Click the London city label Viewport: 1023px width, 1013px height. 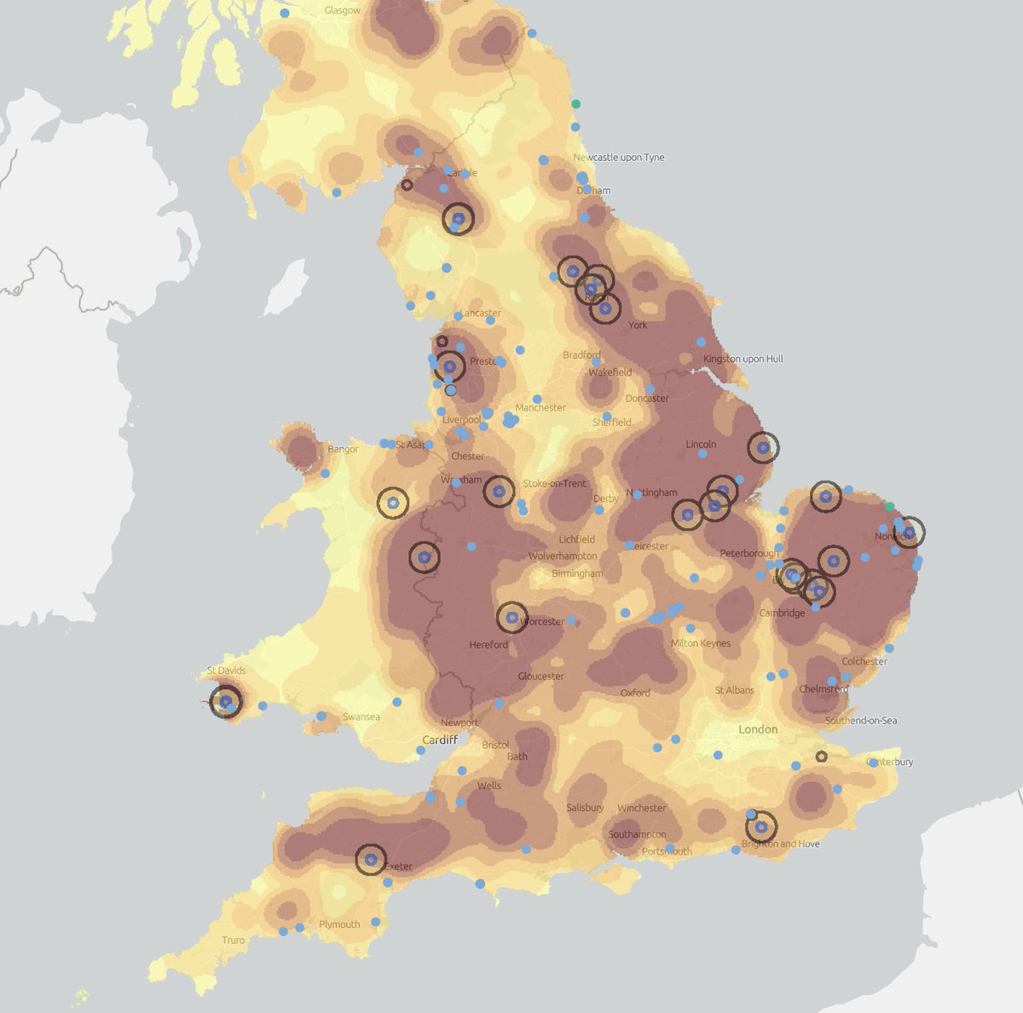(758, 729)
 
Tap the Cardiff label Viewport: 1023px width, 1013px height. (441, 740)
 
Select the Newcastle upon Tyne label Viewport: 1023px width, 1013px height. (618, 158)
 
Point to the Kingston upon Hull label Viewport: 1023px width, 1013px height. (743, 359)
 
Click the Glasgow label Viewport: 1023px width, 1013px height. (343, 11)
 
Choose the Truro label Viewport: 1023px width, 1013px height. (233, 941)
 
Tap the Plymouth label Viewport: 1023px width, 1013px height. (339, 924)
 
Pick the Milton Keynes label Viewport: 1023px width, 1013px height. (701, 643)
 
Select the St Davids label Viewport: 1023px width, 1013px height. (226, 671)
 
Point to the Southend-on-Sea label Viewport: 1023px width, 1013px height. (861, 721)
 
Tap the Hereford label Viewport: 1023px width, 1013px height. (488, 645)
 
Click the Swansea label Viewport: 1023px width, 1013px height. (361, 717)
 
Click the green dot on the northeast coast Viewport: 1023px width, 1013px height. (576, 104)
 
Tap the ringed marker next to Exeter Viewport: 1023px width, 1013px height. (371, 860)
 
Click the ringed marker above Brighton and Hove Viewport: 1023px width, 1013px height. (761, 826)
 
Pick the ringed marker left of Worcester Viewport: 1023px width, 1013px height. (512, 618)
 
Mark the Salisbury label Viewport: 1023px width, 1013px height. (585, 808)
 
